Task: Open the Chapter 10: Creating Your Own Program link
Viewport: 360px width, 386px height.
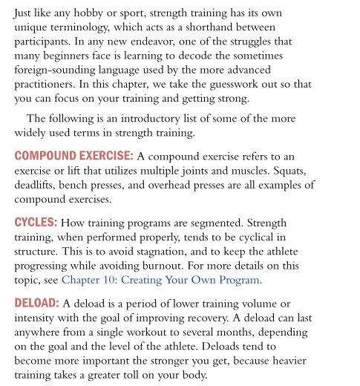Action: (x=161, y=280)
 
